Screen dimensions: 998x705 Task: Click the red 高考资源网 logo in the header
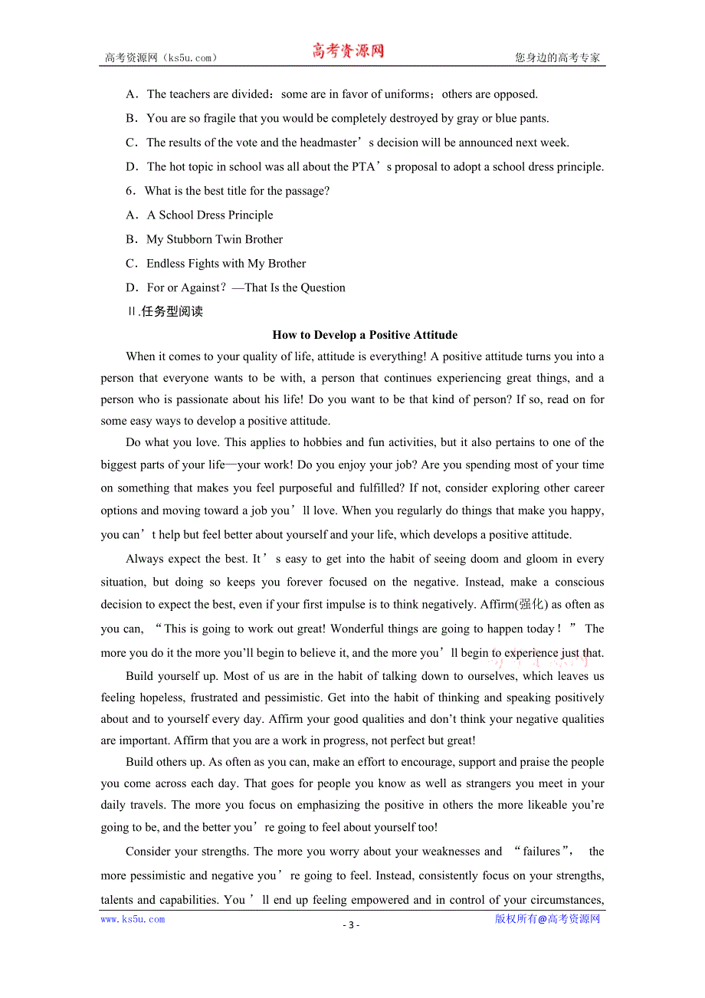pyautogui.click(x=348, y=51)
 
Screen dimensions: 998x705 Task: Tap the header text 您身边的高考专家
pyautogui.click(x=557, y=57)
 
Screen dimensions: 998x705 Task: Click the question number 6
pyautogui.click(x=130, y=191)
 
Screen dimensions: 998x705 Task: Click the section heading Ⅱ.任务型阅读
pyautogui.click(x=165, y=311)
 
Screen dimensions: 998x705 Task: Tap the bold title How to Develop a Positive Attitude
pyautogui.click(x=365, y=335)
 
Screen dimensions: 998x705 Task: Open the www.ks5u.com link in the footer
pyautogui.click(x=133, y=920)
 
